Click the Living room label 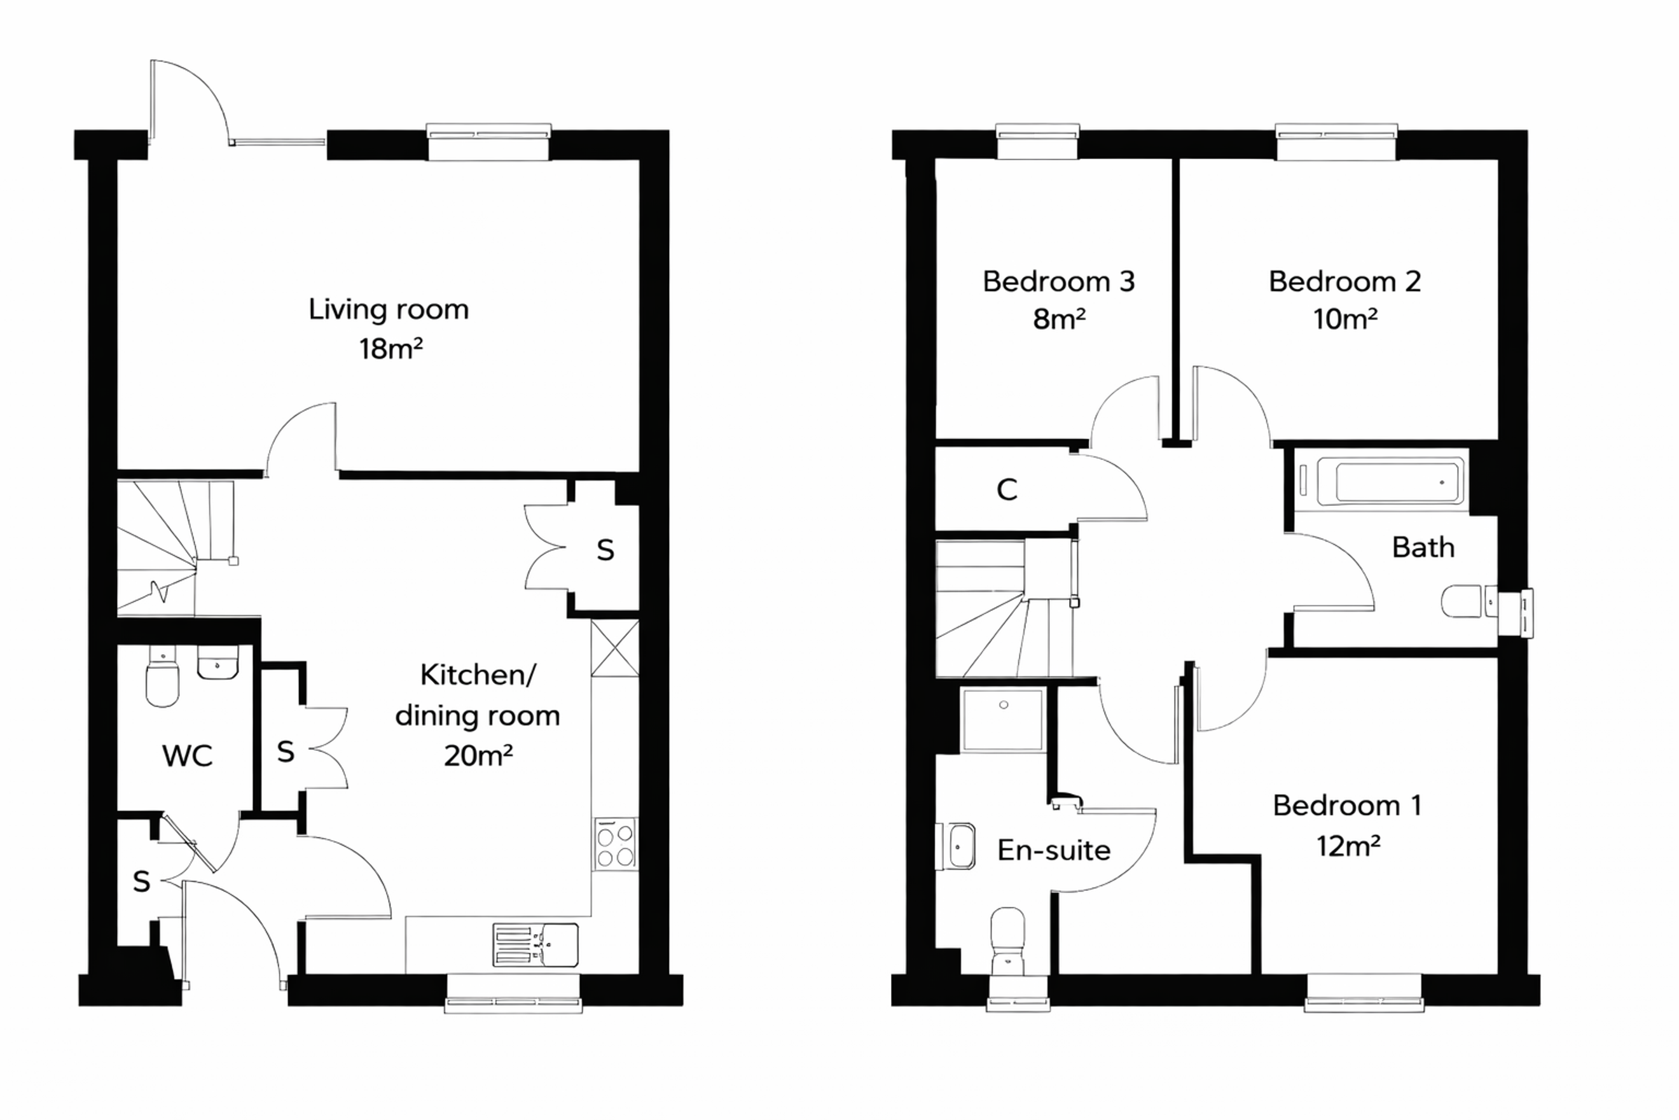coord(389,310)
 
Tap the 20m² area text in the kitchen coord(478,754)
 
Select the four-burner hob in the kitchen coord(616,844)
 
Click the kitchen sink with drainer coord(535,945)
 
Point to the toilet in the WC coord(162,676)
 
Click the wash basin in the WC coord(218,663)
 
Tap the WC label coord(187,756)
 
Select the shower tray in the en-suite coord(1003,720)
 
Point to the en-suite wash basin coord(955,846)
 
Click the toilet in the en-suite coord(1007,941)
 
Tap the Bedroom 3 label coord(1059,281)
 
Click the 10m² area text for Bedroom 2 coord(1345,319)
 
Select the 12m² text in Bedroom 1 coord(1348,846)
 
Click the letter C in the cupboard coord(1007,490)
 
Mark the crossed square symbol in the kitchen coord(614,648)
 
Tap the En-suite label coord(1054,850)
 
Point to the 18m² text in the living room coord(390,349)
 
